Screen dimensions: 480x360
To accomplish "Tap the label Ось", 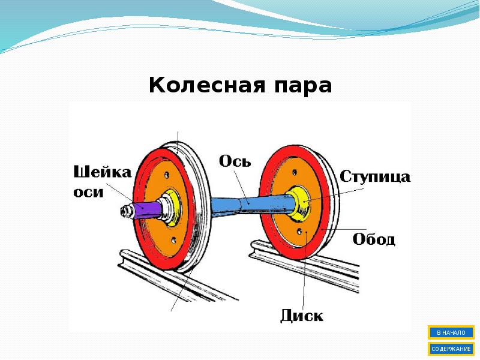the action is click(x=235, y=162).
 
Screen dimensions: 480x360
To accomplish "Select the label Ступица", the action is click(x=375, y=176).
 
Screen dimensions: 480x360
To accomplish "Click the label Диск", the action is click(x=301, y=316).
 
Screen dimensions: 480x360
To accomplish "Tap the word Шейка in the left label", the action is click(x=103, y=173).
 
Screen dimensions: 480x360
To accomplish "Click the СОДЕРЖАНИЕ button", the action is click(x=451, y=349).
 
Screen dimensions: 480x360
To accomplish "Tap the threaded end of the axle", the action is click(x=127, y=211).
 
